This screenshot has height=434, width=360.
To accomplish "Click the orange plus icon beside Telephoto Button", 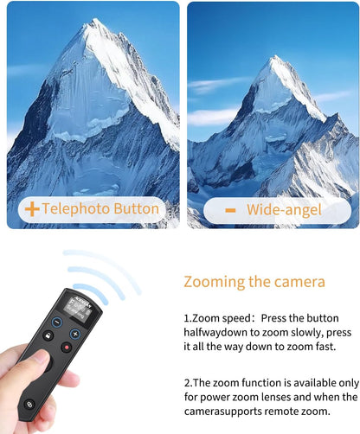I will (31, 209).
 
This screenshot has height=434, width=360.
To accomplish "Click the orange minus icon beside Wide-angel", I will (231, 210).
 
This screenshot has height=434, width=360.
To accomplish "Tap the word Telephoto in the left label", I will (77, 209).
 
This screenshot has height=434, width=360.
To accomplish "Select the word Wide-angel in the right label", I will (284, 210).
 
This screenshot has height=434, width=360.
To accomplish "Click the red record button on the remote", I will (67, 347).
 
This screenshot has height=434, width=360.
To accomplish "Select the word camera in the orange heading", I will (300, 282).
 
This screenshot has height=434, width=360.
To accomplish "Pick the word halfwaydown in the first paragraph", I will (221, 331).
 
